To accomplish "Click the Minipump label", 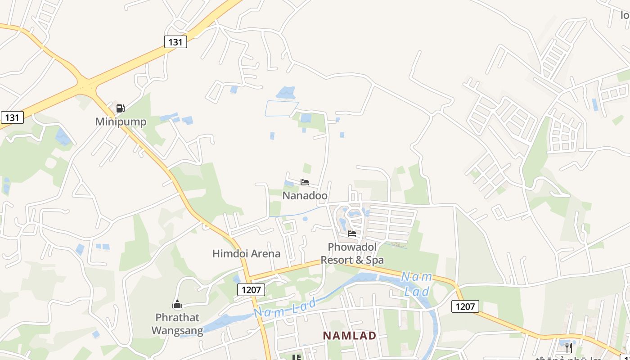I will click(121, 122).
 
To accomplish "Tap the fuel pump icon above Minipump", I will click(120, 108).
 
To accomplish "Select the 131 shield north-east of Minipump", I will click(175, 42).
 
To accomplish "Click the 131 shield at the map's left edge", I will click(12, 117).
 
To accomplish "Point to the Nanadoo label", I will click(305, 196).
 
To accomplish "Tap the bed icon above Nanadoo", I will click(305, 182).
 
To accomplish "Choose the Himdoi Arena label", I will click(246, 253).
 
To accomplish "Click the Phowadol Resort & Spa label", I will click(352, 253).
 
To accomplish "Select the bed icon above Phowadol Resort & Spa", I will click(352, 234).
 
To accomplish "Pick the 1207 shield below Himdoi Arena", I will click(251, 290).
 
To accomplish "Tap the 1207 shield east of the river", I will click(465, 306).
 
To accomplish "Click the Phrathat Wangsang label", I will click(177, 324).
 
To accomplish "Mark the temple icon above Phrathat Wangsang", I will click(177, 305).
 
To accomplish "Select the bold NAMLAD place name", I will click(350, 336).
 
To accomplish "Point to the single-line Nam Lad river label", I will click(285, 306).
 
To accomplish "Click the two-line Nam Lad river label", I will click(416, 283).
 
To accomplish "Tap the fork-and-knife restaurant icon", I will click(569, 347).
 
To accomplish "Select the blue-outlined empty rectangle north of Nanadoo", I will click(281, 108).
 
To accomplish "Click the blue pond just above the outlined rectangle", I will click(286, 93).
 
